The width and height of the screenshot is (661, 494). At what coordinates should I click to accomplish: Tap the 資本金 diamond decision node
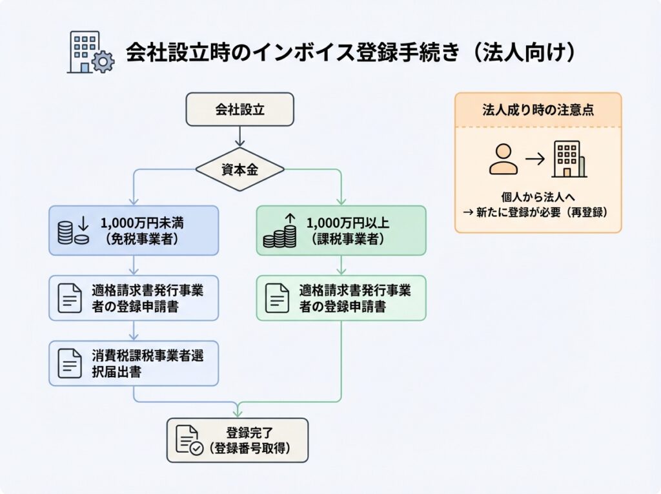pos(239,169)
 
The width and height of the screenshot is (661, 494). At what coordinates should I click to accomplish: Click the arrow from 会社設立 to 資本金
pos(239,136)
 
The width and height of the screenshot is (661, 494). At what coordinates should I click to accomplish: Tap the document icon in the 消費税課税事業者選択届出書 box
pos(69,363)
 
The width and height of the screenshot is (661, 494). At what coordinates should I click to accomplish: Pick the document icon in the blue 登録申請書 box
pos(69,298)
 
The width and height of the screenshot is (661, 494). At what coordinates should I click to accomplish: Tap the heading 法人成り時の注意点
pos(538,110)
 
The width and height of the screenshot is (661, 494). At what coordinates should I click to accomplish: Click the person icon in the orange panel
pos(503,159)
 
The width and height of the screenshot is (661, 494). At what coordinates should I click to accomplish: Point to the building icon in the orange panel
pos(569,159)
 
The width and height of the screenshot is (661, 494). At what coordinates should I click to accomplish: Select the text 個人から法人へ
pos(538,198)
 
